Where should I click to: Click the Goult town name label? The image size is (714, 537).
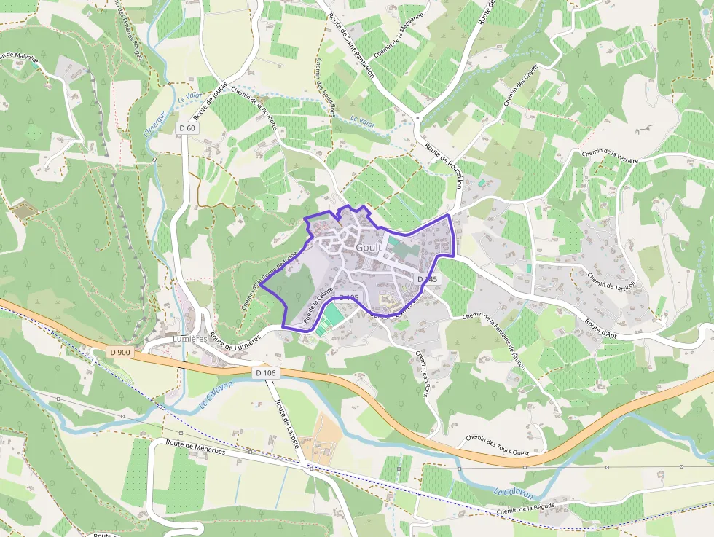(x=369, y=248)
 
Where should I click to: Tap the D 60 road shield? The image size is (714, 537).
(x=187, y=128)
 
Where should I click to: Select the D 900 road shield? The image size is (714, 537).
(x=120, y=352)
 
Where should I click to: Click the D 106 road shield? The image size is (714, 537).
(x=267, y=372)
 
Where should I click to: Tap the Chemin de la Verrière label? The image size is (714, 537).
(x=610, y=157)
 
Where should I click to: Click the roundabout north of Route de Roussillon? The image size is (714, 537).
(x=417, y=117)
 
